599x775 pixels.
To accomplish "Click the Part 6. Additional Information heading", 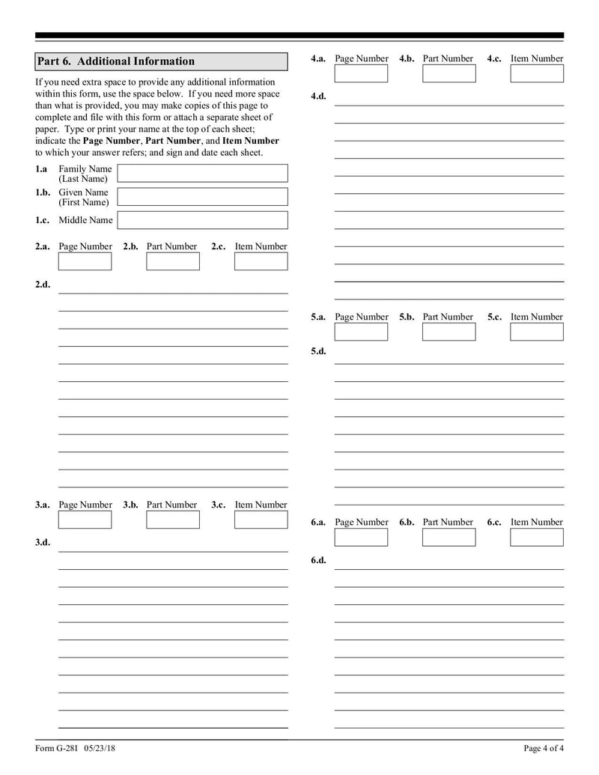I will coord(116,61).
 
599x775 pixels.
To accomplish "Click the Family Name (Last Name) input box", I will coord(202,174).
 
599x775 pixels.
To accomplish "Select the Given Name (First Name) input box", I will coord(202,197).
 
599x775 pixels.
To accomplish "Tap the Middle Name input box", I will coord(202,220).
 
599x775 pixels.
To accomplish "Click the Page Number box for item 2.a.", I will coord(85,261).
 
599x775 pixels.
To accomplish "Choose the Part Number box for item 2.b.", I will coord(173,261).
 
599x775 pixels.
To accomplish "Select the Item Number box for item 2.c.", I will coord(261,261).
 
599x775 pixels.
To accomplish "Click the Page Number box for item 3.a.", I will coord(85,520).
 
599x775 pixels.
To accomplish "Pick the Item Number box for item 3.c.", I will coord(261,520).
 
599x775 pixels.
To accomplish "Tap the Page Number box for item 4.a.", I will coord(361,73).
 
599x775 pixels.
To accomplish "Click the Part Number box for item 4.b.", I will coord(449,73).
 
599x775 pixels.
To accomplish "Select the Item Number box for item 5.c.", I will coord(536,332).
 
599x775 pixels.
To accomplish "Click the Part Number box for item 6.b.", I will coord(449,537).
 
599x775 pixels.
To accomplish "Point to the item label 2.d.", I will coord(43,285).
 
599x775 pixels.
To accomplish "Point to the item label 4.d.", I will coord(318,97).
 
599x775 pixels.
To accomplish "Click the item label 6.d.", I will coord(318,561).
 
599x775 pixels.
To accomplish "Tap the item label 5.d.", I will coord(318,351).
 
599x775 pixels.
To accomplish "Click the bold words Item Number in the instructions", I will coord(250,141).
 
